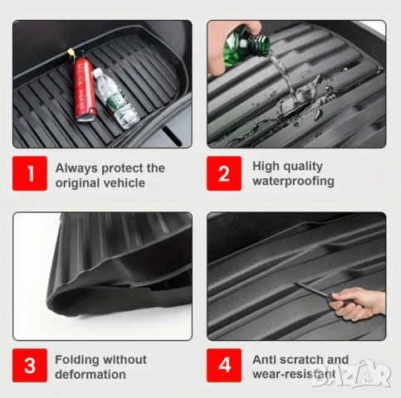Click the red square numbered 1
[30, 173]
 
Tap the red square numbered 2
[224, 173]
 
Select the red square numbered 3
[30, 365]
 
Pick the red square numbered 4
[224, 365]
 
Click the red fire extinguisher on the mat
[84, 87]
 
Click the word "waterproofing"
[293, 182]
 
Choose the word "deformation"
[90, 375]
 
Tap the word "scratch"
[302, 360]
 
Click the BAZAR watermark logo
[350, 374]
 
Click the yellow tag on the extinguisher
[71, 52]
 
